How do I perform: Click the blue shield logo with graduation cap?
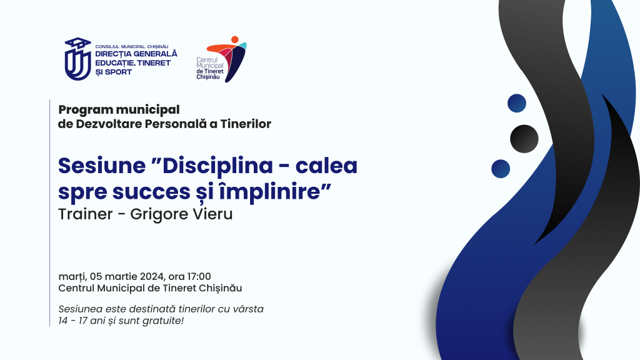coord(78,59)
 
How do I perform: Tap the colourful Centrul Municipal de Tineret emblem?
coord(227,59)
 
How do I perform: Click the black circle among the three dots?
coord(524,139)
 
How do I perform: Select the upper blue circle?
coord(517,103)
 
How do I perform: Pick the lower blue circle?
coord(501,169)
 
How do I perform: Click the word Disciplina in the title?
coord(217,165)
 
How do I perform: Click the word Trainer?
coord(85,214)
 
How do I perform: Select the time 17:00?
coord(199,276)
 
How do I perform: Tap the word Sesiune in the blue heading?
coord(102,165)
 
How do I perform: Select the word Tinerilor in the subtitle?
coord(246,124)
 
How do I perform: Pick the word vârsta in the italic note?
coord(248,309)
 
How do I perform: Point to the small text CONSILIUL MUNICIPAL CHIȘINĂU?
coord(132,46)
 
